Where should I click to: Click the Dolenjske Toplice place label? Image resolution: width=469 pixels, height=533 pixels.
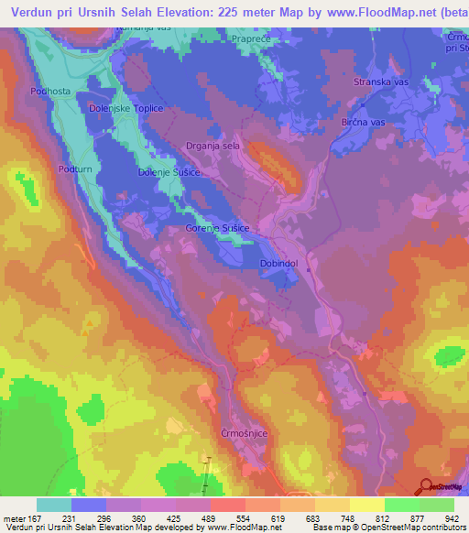125,109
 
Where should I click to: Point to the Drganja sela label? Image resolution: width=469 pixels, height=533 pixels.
213,145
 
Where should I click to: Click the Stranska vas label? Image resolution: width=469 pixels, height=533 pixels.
380,82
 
